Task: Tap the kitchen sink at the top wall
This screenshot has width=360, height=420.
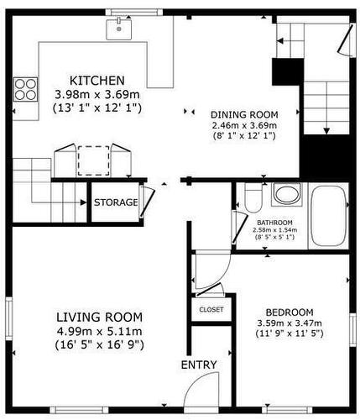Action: pos(120,29)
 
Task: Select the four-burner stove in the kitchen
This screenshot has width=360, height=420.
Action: pos(25,88)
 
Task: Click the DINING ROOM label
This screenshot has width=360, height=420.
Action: pos(243,114)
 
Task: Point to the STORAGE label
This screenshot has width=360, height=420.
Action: pos(115,202)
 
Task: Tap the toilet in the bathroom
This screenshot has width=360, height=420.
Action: pos(253,198)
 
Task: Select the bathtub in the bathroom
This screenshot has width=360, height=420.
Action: pos(328,216)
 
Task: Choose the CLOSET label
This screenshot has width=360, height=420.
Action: pos(211,309)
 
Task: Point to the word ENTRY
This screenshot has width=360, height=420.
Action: pos(199,365)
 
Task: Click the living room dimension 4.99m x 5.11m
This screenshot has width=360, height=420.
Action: pos(98,331)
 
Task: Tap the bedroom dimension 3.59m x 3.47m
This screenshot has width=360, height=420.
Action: pos(290,323)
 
